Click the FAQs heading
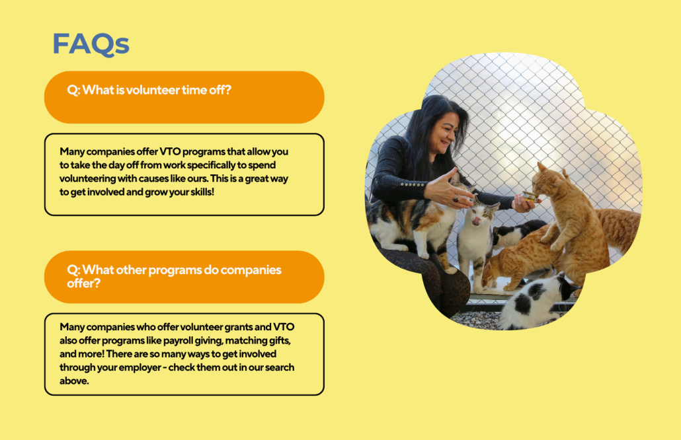pyautogui.click(x=91, y=44)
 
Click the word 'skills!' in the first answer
pyautogui.click(x=202, y=192)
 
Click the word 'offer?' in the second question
pyautogui.click(x=84, y=283)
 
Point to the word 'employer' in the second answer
pyautogui.click(x=140, y=367)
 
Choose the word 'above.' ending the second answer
pyautogui.click(x=74, y=381)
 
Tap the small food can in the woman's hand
pyautogui.click(x=530, y=197)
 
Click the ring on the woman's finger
pyautogui.click(x=456, y=199)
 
